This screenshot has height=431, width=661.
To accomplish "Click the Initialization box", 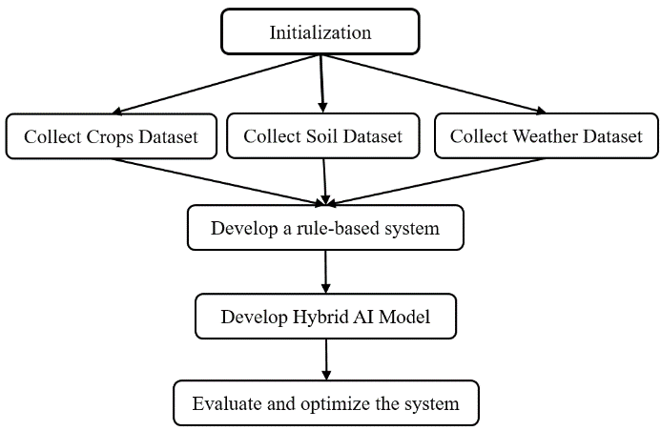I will click(320, 31).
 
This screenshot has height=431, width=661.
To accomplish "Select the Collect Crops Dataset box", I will click(111, 136).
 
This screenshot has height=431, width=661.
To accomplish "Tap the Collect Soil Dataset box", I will click(322, 136).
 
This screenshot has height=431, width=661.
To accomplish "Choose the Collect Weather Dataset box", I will click(546, 136).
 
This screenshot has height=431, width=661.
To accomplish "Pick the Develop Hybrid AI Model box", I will click(324, 317).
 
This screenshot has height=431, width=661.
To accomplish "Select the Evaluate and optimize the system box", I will click(325, 403).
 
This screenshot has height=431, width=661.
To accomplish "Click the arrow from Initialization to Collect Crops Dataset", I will click(218, 84).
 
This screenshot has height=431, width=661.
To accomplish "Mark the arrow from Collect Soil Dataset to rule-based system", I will click(325, 181).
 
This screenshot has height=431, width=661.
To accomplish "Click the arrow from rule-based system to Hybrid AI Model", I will click(326, 272).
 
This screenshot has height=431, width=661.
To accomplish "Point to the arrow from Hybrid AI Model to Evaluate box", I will click(326, 359).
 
